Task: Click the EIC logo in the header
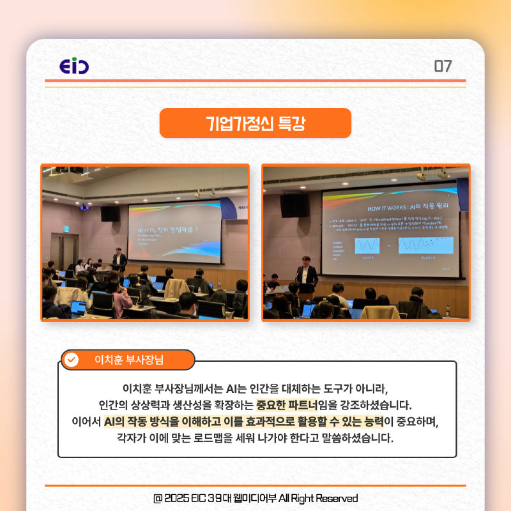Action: tap(74, 67)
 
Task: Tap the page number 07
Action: tap(443, 66)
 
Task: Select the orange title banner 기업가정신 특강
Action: tap(256, 123)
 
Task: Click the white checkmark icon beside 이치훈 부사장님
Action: tap(72, 360)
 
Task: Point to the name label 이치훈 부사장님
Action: tap(128, 360)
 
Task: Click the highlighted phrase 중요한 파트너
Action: tap(291, 405)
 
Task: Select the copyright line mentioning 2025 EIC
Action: tap(256, 498)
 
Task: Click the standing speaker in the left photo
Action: tap(119, 259)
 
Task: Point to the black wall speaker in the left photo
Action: tap(109, 213)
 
